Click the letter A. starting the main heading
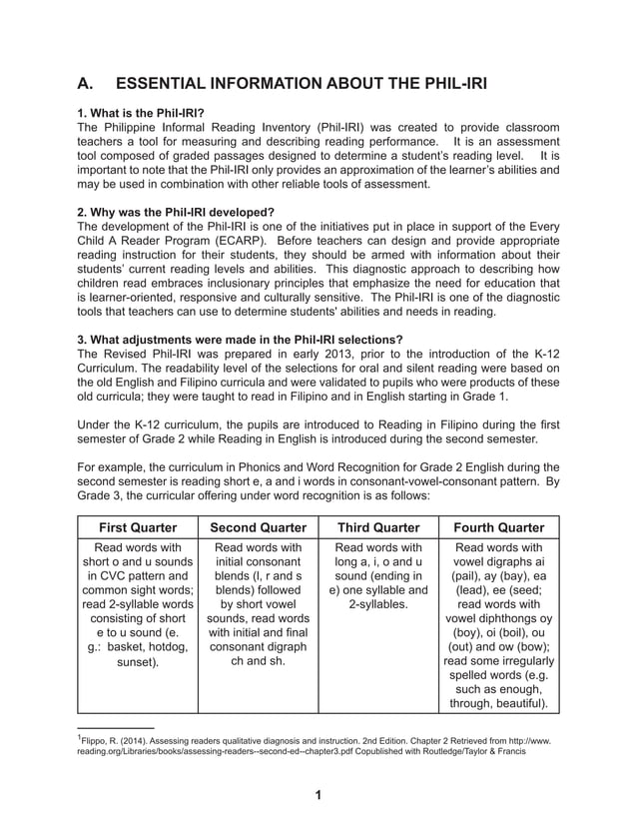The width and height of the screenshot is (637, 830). [x=88, y=83]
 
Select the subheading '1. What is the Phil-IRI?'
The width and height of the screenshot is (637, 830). [x=141, y=114]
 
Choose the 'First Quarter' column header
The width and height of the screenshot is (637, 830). [x=137, y=527]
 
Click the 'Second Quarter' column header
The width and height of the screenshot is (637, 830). [x=258, y=527]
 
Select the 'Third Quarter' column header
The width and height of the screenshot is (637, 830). [x=378, y=527]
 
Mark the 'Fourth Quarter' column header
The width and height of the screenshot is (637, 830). [x=499, y=527]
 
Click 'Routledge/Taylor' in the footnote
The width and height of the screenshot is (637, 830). [x=466, y=754]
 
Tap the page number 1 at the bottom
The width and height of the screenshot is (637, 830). [x=317, y=795]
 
